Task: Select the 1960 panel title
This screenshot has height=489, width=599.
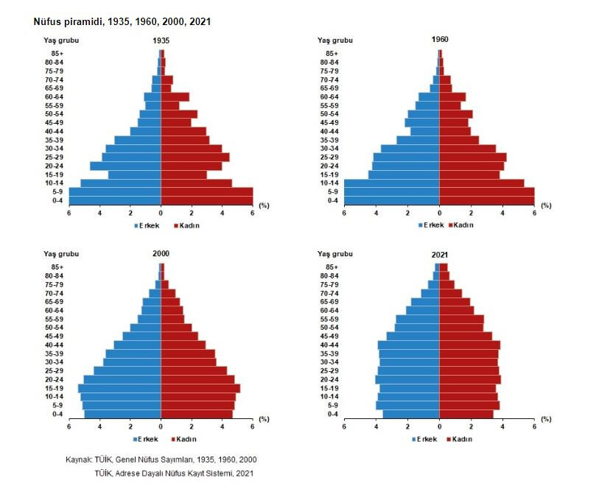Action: pos(439,39)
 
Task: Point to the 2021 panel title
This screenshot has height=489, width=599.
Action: pos(439,254)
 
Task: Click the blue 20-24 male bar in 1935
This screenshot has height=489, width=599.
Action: pos(125,166)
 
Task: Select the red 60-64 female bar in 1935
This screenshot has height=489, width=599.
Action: pos(175,96)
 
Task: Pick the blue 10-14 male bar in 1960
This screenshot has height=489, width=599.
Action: pos(391,183)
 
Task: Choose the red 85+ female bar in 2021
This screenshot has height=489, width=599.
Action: pos(444,267)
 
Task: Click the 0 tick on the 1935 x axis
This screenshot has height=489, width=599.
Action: pos(161,214)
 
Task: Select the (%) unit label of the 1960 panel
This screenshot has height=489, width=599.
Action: pos(546,205)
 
